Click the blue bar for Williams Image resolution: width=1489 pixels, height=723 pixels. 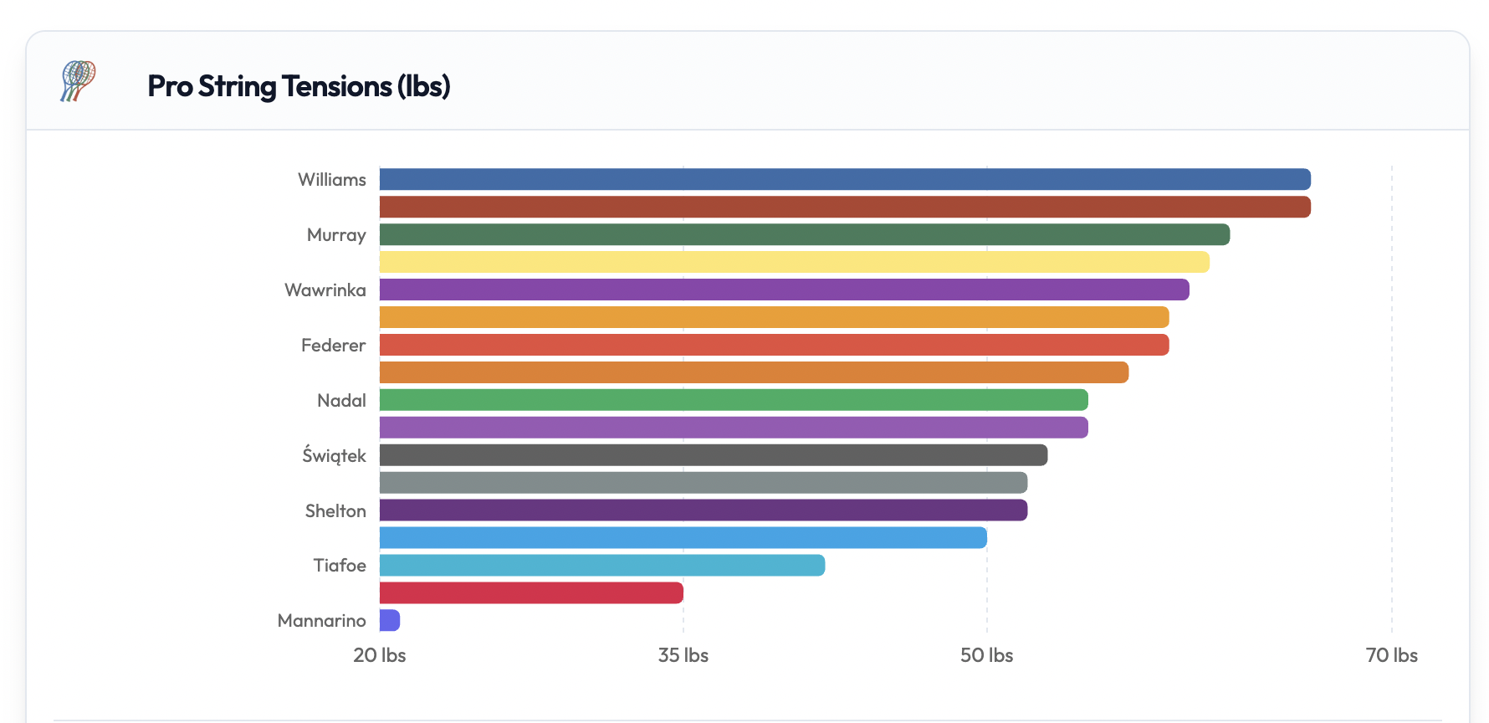[845, 179]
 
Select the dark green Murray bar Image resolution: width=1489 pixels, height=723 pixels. [804, 234]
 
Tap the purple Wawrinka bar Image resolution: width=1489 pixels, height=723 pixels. [784, 290]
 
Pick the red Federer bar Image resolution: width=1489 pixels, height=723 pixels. [774, 345]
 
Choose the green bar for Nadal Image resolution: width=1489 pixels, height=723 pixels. [734, 400]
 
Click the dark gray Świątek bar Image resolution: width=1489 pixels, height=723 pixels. [713, 455]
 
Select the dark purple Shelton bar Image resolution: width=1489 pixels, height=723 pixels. [703, 510]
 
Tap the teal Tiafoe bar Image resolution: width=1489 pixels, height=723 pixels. [601, 566]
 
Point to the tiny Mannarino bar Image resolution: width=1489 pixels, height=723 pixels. [390, 620]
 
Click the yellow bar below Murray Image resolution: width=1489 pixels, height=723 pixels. [794, 262]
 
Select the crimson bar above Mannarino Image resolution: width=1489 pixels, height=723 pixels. [531, 593]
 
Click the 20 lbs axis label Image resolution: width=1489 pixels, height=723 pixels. [380, 655]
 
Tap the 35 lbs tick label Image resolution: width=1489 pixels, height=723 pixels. [683, 655]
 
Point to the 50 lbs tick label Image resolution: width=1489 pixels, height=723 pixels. [986, 655]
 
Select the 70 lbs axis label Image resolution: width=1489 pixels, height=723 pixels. [1391, 655]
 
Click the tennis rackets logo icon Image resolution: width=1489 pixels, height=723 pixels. [78, 81]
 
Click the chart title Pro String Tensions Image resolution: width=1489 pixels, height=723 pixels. [299, 86]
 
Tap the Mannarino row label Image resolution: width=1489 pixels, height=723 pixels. [322, 621]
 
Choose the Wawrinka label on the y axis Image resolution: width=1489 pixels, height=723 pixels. [325, 290]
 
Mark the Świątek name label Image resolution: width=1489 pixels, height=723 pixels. [334, 456]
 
